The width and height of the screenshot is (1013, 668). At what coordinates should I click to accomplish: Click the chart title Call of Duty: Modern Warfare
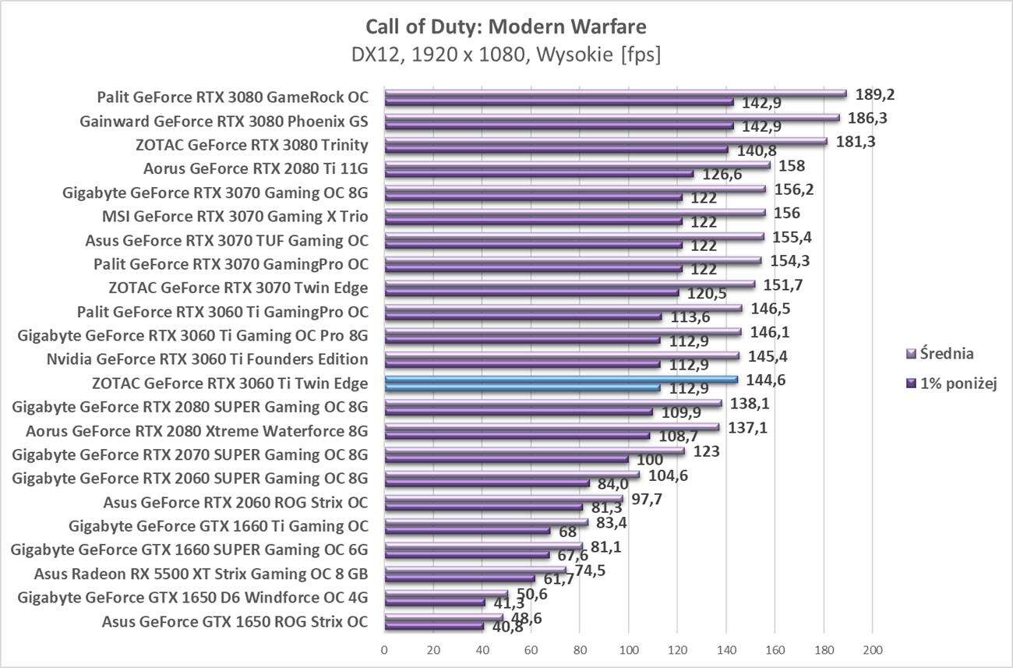506,27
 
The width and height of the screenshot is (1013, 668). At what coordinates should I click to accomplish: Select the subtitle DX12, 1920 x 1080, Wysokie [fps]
506,55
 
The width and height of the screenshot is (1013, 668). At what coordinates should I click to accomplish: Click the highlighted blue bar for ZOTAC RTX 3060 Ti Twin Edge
560,380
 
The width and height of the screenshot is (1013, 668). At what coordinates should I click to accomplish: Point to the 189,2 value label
875,94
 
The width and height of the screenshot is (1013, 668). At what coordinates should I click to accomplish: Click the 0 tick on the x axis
384,650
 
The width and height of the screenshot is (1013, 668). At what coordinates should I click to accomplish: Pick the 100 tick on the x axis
628,650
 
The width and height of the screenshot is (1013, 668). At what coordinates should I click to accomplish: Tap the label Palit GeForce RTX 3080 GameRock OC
232,97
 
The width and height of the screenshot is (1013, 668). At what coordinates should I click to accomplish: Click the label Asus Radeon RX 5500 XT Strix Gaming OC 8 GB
201,574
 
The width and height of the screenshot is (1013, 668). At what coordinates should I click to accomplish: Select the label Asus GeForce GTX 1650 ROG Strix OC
235,622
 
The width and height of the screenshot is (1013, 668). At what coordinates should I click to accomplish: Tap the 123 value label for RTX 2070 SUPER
706,451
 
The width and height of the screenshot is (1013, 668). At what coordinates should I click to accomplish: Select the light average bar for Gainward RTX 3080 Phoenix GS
611,118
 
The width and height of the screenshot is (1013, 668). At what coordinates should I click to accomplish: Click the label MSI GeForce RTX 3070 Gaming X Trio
235,217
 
